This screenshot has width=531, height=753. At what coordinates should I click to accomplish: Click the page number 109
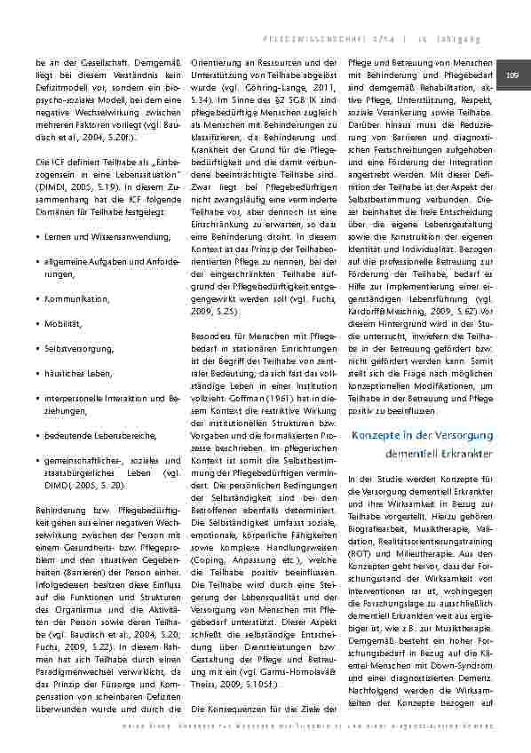pos(512,76)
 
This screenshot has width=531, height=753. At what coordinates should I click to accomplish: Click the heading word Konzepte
pos(379,435)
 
